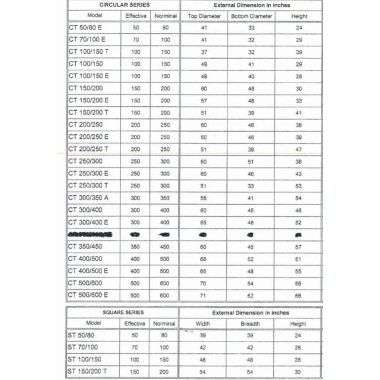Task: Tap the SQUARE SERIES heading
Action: point(123,313)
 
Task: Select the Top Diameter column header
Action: point(204,16)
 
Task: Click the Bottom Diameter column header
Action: point(251,16)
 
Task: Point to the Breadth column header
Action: point(250,324)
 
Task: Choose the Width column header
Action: point(203,324)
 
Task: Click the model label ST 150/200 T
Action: point(87,372)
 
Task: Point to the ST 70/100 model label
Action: point(83,347)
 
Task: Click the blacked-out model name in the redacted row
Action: point(90,234)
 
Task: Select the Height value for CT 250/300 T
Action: point(299,186)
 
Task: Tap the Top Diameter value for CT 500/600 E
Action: point(204,295)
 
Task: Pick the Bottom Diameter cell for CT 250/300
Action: point(251,162)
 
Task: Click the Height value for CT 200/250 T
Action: point(299,149)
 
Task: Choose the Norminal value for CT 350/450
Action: point(165,247)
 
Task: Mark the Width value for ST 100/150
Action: point(203,360)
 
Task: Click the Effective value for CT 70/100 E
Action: point(136,40)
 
